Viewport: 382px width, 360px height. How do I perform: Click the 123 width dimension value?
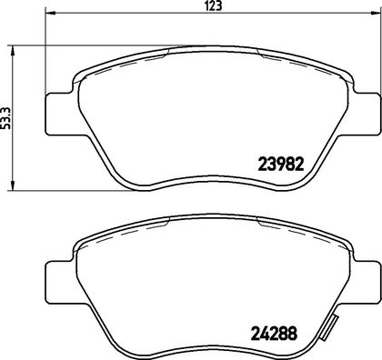click(x=215, y=5)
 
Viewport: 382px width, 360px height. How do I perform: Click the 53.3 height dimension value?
click(x=5, y=118)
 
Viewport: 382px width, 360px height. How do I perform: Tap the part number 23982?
click(x=280, y=165)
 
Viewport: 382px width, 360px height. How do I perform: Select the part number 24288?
click(x=274, y=334)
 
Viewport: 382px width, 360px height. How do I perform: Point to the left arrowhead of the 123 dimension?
click(x=50, y=13)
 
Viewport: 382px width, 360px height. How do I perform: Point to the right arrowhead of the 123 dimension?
click(x=376, y=13)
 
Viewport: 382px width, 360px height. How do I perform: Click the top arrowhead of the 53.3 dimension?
click(x=12, y=51)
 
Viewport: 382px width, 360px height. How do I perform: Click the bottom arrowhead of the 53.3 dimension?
click(x=12, y=185)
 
